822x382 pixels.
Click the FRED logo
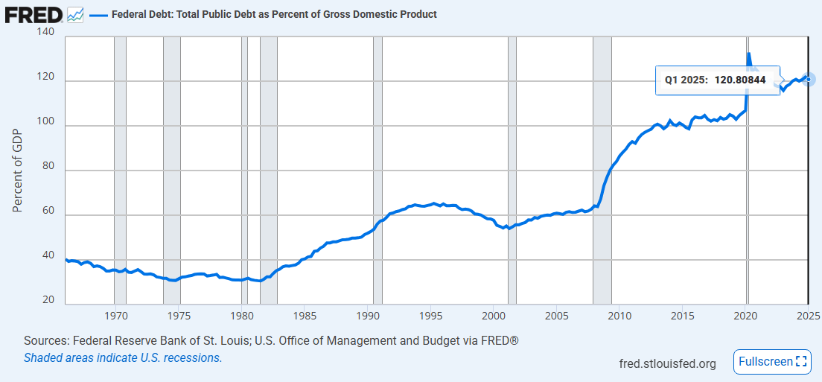(34, 13)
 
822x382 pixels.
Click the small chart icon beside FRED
(75, 14)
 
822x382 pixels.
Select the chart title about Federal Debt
(274, 14)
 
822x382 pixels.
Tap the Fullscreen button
(771, 362)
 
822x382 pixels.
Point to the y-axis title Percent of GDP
(18, 171)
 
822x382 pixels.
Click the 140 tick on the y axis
(45, 33)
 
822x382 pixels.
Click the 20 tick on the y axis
(48, 299)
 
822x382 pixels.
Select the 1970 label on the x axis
(115, 316)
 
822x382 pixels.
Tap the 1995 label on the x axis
(431, 316)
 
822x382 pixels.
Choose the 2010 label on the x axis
(620, 316)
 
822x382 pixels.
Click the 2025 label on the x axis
(808, 316)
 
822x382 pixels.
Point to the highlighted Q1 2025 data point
(809, 79)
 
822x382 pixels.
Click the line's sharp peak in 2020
(748, 54)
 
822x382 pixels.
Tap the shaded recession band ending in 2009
(602, 171)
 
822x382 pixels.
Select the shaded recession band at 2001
(512, 171)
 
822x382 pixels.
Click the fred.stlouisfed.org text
(667, 363)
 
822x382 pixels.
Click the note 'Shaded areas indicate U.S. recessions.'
(123, 357)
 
